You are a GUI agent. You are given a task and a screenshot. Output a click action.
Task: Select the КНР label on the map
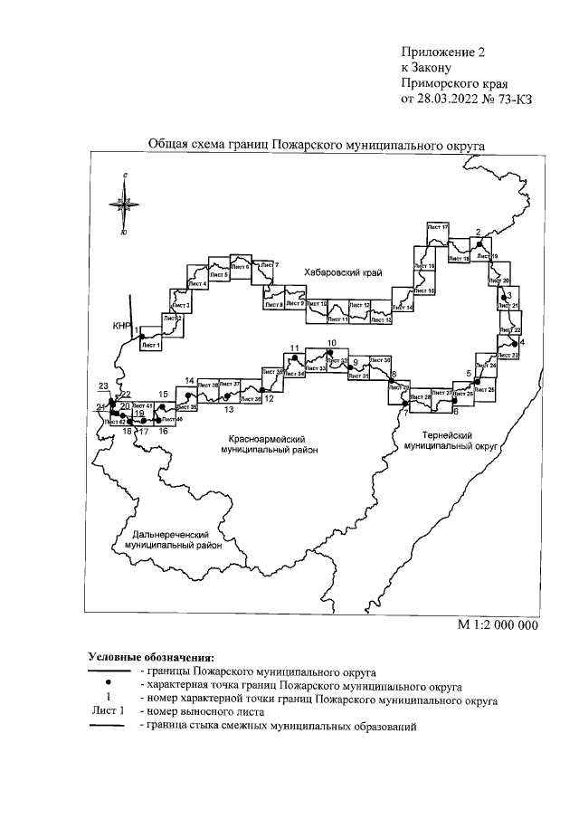122,326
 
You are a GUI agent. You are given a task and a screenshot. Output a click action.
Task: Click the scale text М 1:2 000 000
498,624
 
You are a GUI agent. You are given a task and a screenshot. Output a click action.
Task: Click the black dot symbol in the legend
108,683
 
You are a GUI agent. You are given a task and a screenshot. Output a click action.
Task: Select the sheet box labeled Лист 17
438,226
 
